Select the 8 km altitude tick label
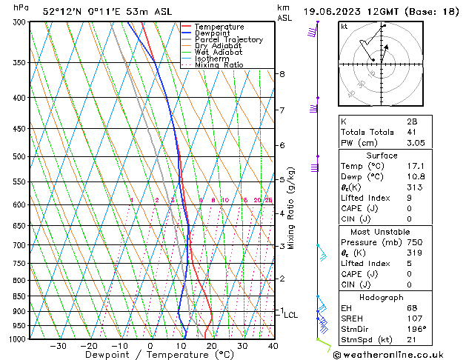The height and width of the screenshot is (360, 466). click(x=282, y=74)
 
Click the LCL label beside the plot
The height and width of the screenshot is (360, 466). click(x=291, y=315)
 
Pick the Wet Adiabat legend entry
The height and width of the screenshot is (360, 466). click(x=218, y=52)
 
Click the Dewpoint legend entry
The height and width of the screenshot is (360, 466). click(x=213, y=33)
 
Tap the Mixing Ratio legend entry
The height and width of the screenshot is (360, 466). click(x=219, y=65)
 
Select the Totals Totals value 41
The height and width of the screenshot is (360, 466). click(x=411, y=132)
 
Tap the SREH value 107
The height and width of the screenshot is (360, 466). click(x=413, y=318)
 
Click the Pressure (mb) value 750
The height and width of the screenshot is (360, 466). click(x=413, y=241)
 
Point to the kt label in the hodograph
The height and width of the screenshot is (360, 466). click(x=344, y=26)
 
